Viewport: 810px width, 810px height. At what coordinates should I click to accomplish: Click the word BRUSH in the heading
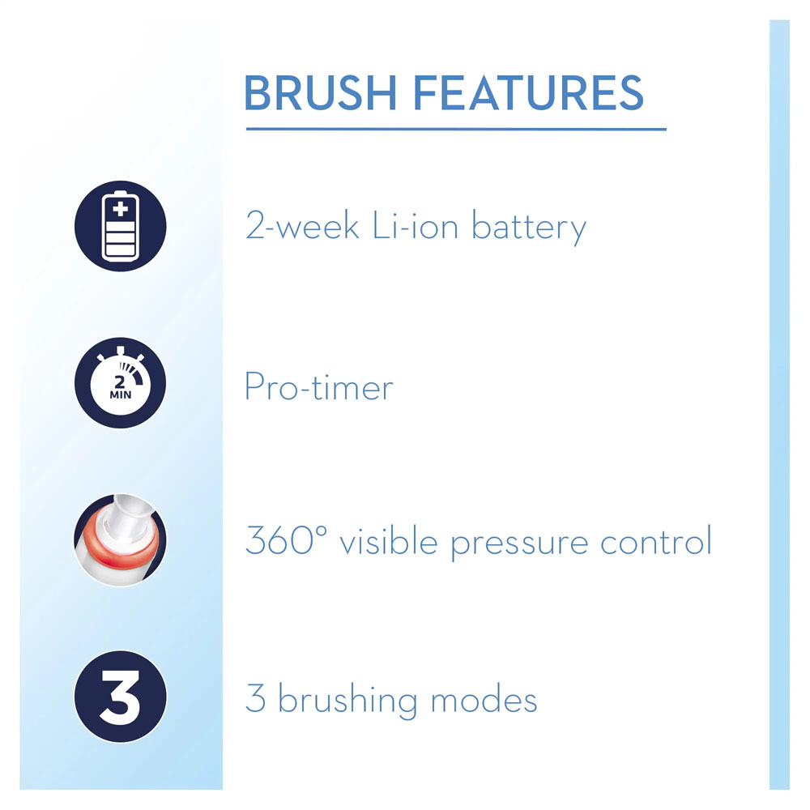coord(320,93)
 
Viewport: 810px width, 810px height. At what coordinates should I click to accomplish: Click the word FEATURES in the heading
coord(528,93)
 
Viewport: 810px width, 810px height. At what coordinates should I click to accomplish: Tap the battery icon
coord(121,226)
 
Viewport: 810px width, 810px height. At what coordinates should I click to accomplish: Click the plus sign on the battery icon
coord(121,209)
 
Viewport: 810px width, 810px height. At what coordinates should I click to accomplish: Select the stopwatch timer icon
coord(121,383)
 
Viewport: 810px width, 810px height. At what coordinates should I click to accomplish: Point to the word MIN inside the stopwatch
coord(121,394)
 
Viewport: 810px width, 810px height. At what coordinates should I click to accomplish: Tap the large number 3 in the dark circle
coord(120,697)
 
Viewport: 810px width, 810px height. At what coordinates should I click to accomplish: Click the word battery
coord(529,228)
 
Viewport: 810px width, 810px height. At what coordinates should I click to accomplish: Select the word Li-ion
coord(416,226)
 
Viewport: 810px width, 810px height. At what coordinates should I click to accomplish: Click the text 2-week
coord(302,226)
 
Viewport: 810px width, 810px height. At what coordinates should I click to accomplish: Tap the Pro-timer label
coord(318,386)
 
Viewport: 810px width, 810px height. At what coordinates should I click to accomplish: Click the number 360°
coord(286,540)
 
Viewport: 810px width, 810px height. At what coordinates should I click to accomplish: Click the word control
coord(656,541)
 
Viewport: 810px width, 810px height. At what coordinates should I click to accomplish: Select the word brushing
coord(347,701)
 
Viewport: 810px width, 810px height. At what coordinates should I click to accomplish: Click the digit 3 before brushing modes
coord(256,698)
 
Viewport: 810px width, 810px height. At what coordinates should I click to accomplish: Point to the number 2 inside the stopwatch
coord(120,382)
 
